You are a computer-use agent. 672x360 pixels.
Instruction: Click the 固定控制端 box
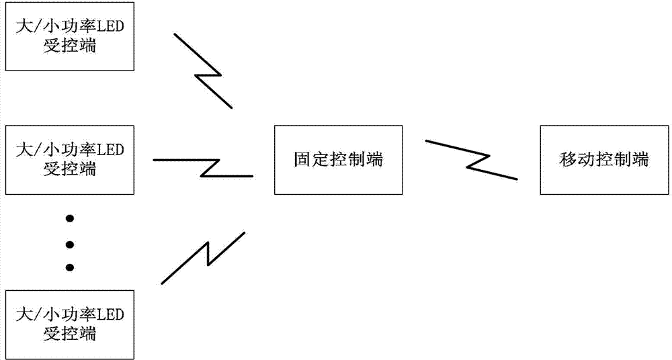point(338,160)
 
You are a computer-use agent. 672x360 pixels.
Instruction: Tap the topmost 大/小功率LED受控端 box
point(69,38)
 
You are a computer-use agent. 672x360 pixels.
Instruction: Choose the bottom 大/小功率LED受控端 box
point(69,324)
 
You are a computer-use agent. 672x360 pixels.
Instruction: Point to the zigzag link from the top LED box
point(204,70)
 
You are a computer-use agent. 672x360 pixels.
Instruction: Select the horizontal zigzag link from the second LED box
point(204,167)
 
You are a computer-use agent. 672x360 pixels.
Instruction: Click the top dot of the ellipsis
point(69,219)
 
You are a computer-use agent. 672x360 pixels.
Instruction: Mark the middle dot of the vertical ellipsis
point(69,243)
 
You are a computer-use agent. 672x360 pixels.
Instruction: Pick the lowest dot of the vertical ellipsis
point(69,267)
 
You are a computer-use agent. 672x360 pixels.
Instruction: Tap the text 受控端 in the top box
point(69,48)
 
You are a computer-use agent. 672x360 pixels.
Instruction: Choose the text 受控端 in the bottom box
point(69,333)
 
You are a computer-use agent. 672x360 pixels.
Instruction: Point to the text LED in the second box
point(111,148)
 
